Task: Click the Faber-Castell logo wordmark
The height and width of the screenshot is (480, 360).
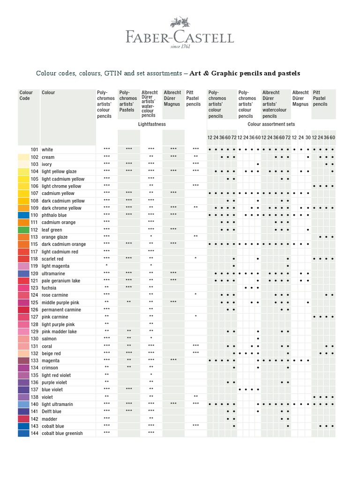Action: (180, 37)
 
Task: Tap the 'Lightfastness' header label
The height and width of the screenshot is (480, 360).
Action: (152, 124)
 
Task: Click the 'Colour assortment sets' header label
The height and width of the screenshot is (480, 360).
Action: (271, 124)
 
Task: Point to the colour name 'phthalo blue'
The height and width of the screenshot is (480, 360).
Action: (55, 215)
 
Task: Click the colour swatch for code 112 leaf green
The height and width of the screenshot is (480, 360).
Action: (24, 230)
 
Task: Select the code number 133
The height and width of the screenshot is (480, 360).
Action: (34, 360)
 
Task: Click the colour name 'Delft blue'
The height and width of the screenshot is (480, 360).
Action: (52, 412)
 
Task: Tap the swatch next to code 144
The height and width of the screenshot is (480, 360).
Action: (24, 433)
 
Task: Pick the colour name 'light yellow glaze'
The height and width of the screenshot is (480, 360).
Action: (59, 172)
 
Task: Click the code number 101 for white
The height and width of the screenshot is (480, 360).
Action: (34, 150)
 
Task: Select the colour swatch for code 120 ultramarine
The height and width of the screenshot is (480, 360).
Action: (24, 273)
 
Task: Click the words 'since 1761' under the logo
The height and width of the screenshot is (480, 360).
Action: (180, 47)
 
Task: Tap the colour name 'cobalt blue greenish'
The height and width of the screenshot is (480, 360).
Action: (62, 433)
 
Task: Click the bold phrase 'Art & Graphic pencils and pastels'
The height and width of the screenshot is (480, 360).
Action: (245, 74)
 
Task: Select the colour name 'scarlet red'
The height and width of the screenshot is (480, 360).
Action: (52, 259)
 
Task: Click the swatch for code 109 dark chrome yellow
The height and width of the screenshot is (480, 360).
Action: (24, 208)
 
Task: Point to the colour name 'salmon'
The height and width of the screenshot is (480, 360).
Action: (49, 338)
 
